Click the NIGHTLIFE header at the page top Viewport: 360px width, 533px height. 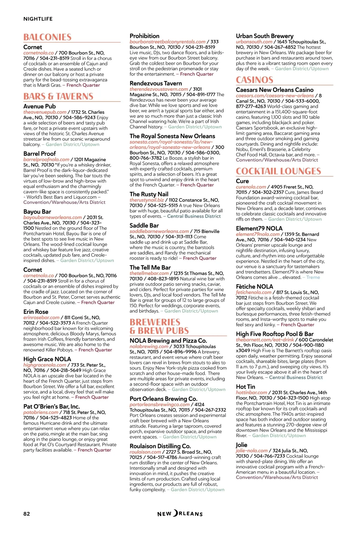(x=38, y=19)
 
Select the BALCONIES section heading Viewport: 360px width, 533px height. (x=47, y=37)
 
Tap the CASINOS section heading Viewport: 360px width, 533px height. (x=254, y=80)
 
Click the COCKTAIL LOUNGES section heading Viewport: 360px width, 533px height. (x=278, y=171)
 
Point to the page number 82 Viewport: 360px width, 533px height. (x=27, y=514)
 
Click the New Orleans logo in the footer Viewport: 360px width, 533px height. (x=180, y=514)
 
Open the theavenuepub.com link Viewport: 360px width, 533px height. (x=45, y=112)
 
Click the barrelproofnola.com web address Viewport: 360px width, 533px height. (x=46, y=159)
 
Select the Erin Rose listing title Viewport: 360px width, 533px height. (x=36, y=312)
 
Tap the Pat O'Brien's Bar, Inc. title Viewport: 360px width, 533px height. (x=52, y=406)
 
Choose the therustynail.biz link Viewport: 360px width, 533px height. (x=147, y=200)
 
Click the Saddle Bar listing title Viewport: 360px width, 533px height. (x=144, y=225)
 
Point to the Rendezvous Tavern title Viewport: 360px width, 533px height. (x=156, y=83)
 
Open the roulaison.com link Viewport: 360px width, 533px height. (x=145, y=452)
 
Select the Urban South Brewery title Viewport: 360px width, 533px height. (x=265, y=36)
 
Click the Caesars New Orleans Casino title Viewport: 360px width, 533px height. (x=274, y=90)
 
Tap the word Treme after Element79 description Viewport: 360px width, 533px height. (x=313, y=277)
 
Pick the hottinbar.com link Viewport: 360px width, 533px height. (x=251, y=392)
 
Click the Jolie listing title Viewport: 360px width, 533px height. (x=241, y=445)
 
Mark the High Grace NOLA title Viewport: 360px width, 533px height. (x=47, y=359)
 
